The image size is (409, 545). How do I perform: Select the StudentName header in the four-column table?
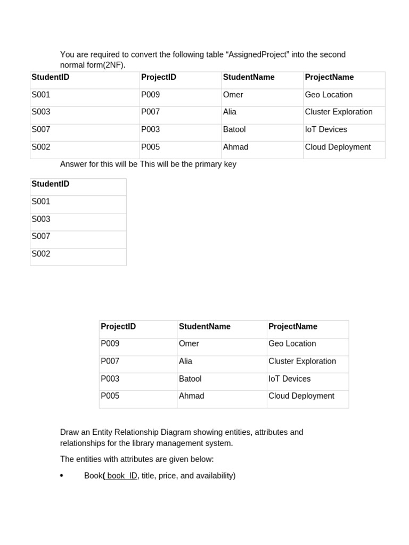tap(249, 77)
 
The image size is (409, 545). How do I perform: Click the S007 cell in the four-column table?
tap(41, 129)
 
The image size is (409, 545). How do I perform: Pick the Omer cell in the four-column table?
tap(233, 95)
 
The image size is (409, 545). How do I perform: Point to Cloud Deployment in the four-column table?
tap(338, 147)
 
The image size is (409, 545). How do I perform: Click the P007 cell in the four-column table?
tap(150, 112)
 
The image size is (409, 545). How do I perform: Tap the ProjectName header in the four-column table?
tap(329, 77)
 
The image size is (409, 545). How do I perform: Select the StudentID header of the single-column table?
tap(51, 184)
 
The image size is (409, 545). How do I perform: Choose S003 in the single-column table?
tap(41, 219)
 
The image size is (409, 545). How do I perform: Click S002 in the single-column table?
tap(41, 254)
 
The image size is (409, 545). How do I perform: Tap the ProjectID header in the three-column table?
tap(118, 326)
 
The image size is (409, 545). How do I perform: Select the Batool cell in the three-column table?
tap(190, 379)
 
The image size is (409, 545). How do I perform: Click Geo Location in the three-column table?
tap(292, 344)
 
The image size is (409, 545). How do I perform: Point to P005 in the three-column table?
tap(110, 396)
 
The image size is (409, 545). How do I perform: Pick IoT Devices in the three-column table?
tap(289, 379)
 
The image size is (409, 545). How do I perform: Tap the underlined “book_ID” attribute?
tap(121, 475)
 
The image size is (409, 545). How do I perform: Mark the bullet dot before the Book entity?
tap(62, 476)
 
